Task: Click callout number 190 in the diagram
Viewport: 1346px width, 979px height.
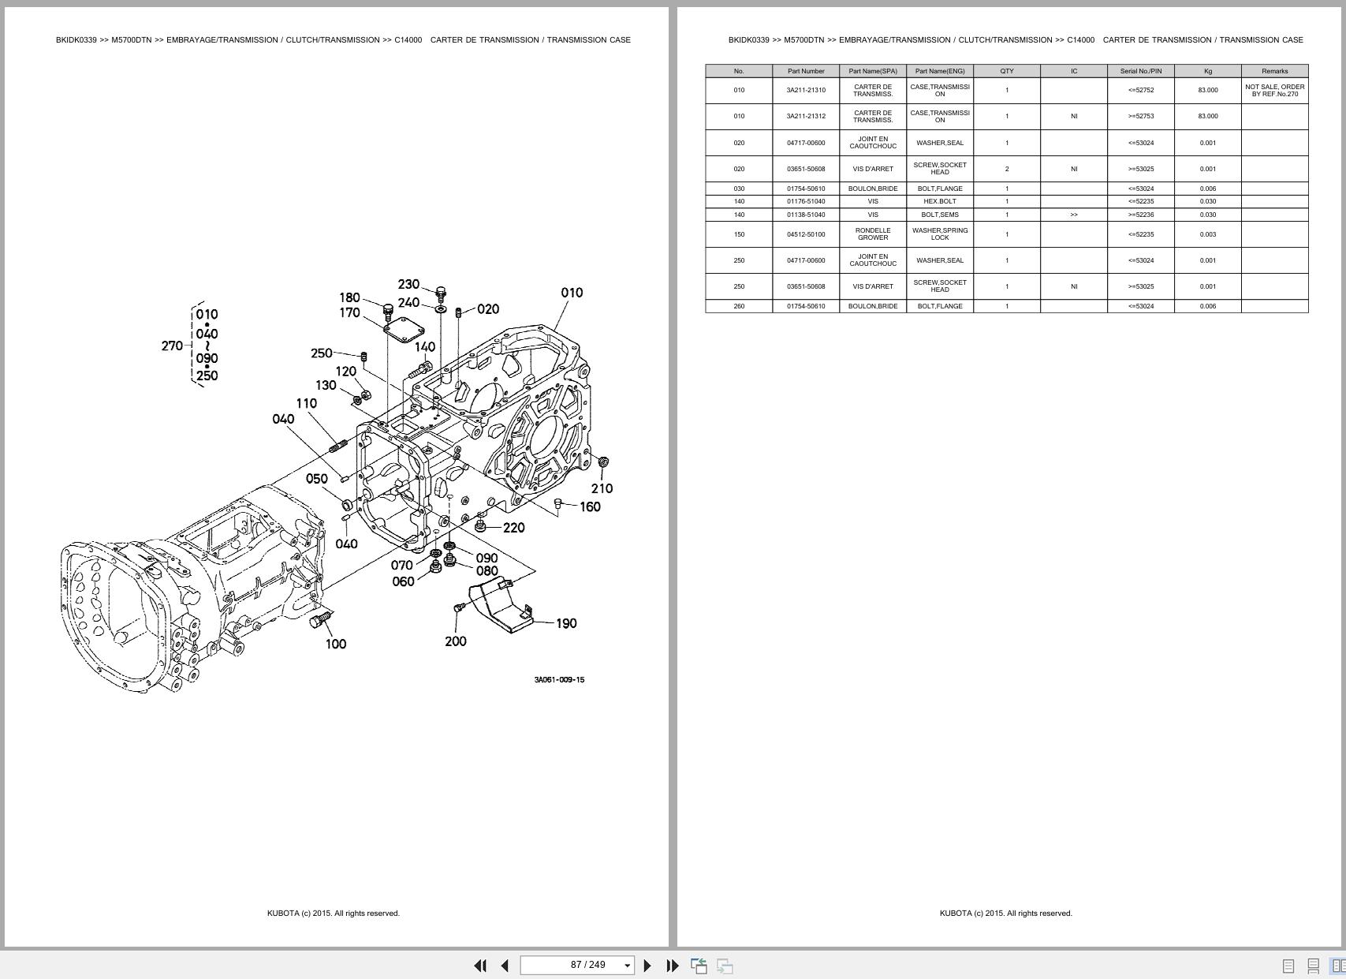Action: pos(566,623)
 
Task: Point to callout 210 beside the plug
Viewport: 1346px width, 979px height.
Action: pos(602,488)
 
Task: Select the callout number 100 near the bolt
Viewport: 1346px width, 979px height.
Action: pos(336,644)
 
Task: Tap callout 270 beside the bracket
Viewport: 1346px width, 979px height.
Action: pos(172,346)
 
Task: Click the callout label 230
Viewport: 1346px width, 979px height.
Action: pos(408,284)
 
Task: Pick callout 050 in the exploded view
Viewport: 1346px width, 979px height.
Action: pos(316,479)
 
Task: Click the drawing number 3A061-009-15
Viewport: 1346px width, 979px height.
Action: pos(559,680)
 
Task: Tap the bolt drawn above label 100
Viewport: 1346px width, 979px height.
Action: pos(321,620)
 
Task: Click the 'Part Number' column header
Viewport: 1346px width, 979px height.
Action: pos(806,71)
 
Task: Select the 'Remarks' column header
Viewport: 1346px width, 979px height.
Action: pos(1274,71)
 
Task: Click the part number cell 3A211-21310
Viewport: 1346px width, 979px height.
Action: pos(806,90)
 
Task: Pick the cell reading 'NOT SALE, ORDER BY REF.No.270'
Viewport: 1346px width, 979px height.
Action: pos(1274,90)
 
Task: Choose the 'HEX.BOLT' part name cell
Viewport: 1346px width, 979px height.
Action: pos(940,201)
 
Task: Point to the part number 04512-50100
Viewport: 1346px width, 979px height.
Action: pos(806,234)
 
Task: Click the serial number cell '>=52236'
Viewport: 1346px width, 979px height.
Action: pos(1140,215)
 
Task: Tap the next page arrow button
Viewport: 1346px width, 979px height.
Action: pos(647,965)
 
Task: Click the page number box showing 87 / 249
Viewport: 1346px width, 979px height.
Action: pos(577,965)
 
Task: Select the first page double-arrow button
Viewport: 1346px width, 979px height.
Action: pos(479,965)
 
